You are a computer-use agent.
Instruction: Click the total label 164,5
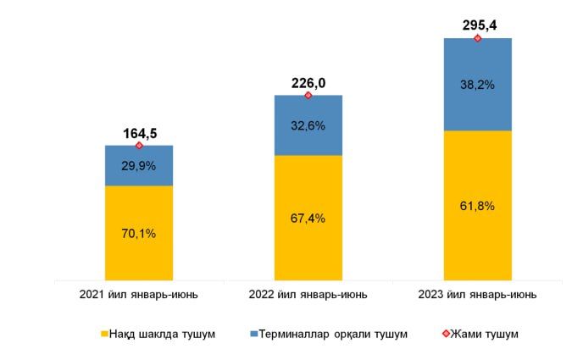[140, 133]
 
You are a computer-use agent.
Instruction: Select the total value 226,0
[308, 83]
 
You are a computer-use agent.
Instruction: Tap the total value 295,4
[478, 25]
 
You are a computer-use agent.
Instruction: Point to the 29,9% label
[140, 166]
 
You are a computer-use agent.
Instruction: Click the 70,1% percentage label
[140, 235]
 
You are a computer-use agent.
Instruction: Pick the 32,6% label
[308, 125]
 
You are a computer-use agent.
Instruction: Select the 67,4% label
[308, 218]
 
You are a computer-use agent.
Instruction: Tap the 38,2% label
[478, 85]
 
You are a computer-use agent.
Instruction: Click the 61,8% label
[478, 206]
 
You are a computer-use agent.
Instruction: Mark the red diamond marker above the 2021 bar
[140, 146]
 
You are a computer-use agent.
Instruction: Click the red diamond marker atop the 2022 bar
[308, 95]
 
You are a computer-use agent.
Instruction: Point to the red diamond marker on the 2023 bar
[478, 38]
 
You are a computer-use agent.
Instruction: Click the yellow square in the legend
[105, 335]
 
